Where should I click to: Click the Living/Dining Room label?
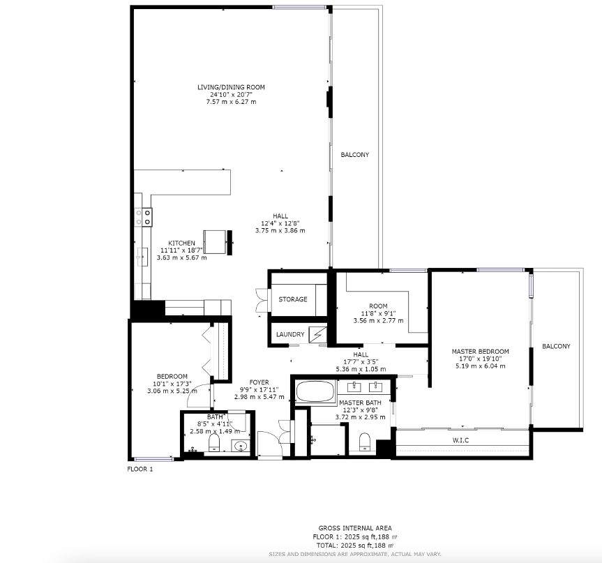231,87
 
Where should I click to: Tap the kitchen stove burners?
143,217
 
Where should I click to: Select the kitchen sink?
142,257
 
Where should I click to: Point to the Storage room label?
293,299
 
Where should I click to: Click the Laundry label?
290,334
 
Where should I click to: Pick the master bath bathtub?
315,391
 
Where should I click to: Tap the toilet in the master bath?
364,442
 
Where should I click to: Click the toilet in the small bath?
214,443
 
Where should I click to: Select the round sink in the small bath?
241,446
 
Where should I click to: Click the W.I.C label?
460,440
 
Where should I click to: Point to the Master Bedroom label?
481,352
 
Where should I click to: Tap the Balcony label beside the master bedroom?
557,346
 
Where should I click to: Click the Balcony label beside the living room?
355,155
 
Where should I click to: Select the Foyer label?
259,382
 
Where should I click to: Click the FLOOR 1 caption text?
140,469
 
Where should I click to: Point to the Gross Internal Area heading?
355,528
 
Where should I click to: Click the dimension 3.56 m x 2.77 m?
378,321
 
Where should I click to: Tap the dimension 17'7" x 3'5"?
361,362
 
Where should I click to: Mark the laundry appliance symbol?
318,335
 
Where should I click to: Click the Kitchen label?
181,243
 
